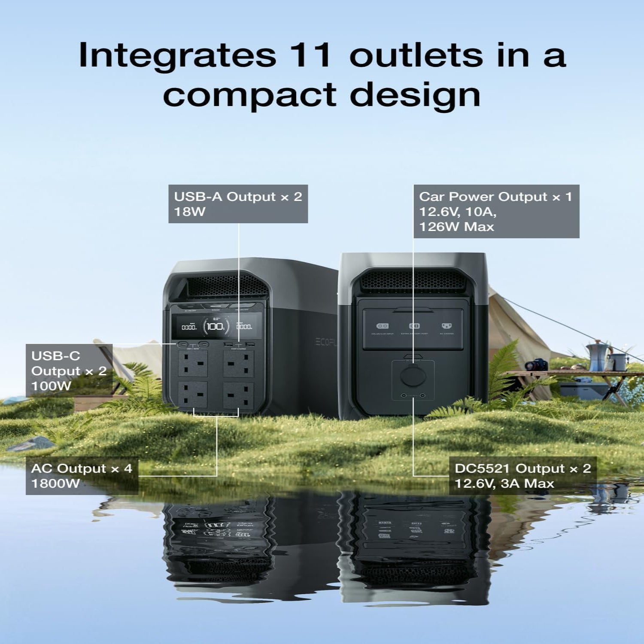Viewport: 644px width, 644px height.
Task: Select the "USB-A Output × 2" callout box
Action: coord(238,204)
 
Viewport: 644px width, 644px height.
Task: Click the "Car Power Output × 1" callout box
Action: coord(496,211)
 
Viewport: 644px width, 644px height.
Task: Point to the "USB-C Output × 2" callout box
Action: coord(69,371)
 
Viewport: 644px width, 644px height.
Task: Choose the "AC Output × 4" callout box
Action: coord(82,476)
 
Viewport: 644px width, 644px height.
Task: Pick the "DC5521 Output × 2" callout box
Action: coord(522,476)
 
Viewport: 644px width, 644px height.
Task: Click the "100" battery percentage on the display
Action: coord(215,327)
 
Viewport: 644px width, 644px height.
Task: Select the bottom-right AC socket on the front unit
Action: coord(236,396)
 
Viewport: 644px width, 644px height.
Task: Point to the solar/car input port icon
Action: coord(382,326)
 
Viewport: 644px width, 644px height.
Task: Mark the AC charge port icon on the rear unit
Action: coord(447,326)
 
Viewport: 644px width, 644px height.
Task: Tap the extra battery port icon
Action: coord(414,326)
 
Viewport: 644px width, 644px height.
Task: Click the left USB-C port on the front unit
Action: coord(183,344)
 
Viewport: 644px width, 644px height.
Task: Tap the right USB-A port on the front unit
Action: coord(250,344)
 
